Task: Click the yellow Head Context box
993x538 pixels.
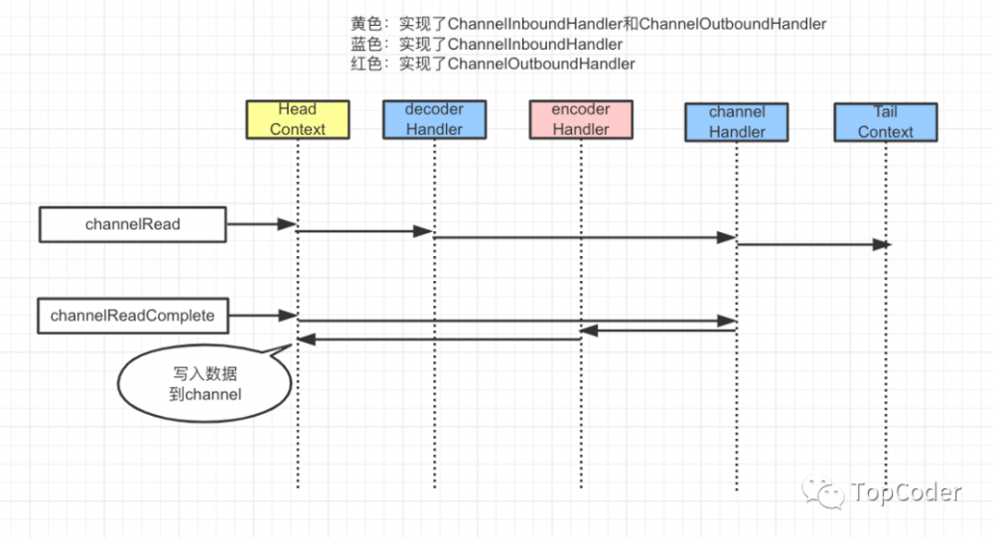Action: coord(298,119)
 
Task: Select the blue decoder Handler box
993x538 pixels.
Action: coord(434,119)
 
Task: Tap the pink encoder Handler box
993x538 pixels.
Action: coord(581,119)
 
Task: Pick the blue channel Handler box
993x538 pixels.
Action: coord(737,122)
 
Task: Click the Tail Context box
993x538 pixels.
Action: coord(885,122)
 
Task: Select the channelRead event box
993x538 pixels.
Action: coord(132,224)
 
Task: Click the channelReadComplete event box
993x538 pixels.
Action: coord(132,316)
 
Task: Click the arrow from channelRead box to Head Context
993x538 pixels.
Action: coord(262,225)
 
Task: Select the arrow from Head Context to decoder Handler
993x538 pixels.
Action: coord(365,231)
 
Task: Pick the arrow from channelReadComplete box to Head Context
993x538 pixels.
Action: coord(262,316)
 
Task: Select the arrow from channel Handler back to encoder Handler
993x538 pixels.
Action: coord(659,331)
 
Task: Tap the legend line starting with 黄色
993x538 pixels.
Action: coord(588,23)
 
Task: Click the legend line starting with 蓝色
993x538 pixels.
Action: coord(487,44)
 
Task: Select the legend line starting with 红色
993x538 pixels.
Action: coord(493,64)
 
